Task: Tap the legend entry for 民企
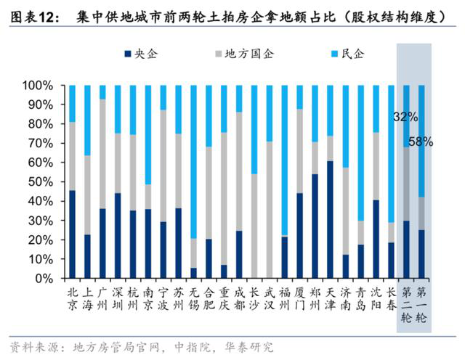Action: (347, 54)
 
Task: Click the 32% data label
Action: (405, 116)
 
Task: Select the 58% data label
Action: (421, 142)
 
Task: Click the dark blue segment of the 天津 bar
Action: (330, 219)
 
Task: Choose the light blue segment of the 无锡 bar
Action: (194, 162)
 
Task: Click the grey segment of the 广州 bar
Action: (102, 154)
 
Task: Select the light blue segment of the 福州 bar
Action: (284, 160)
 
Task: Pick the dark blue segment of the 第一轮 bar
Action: (421, 254)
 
